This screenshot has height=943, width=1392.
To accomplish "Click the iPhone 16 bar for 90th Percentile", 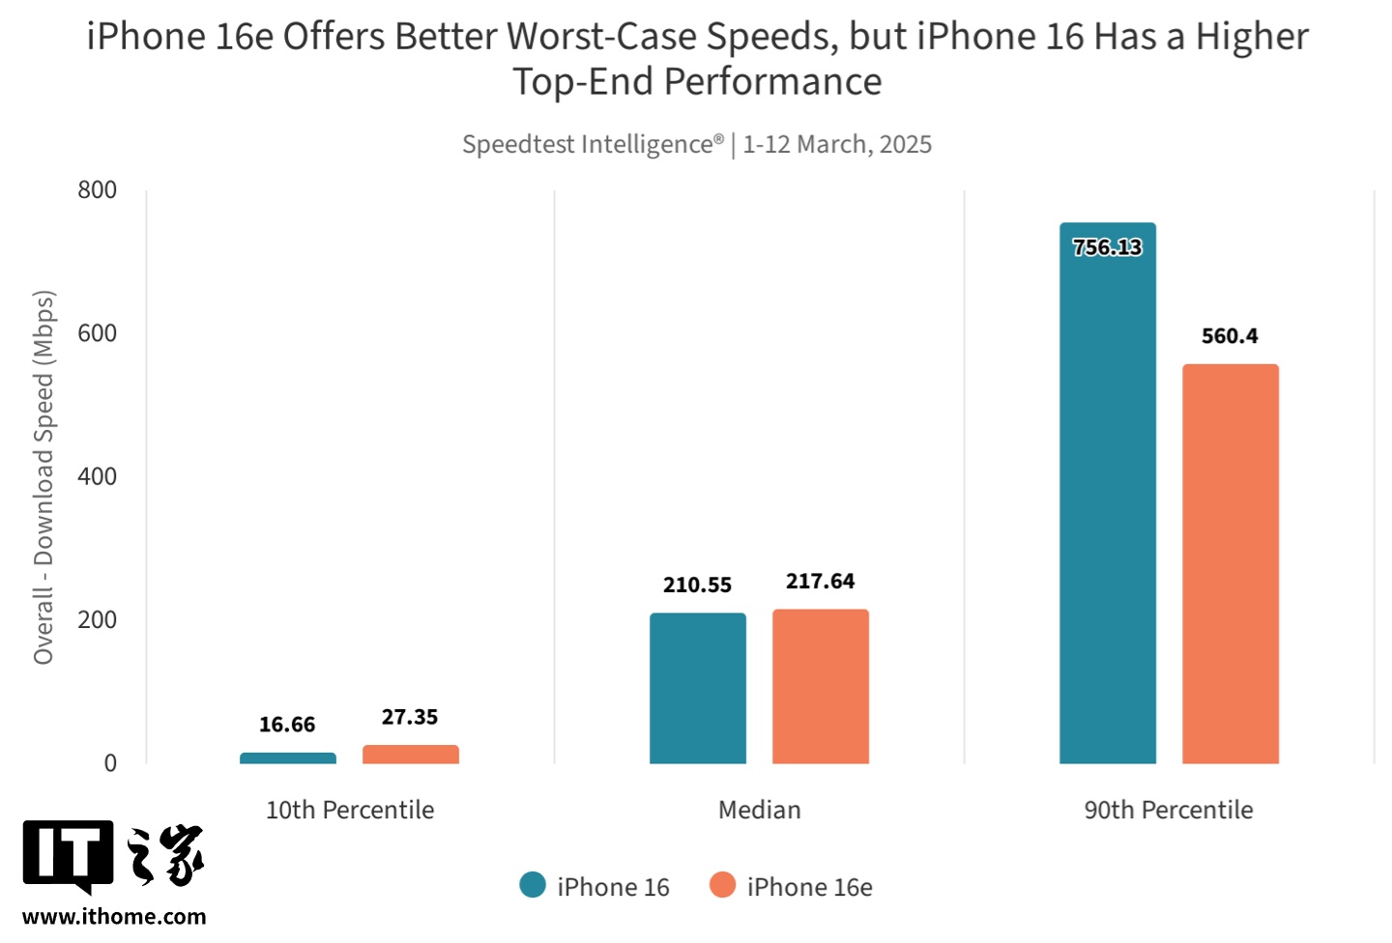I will (x=1107, y=502).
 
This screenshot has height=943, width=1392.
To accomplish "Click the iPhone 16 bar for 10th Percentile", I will (x=287, y=758).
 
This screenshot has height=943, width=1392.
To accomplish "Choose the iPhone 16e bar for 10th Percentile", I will (x=410, y=755).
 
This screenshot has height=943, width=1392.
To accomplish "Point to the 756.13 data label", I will (x=1107, y=247).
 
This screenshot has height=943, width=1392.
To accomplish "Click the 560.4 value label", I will (x=1230, y=336).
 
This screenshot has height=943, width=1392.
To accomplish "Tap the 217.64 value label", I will (x=820, y=582).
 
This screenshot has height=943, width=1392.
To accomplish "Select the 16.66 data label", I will (x=287, y=725).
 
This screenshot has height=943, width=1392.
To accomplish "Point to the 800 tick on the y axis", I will (x=98, y=190).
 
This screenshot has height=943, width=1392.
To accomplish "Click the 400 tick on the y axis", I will (x=98, y=476).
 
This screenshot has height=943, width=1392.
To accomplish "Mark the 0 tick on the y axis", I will (x=110, y=763).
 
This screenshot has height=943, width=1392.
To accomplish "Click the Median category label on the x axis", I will (x=759, y=810).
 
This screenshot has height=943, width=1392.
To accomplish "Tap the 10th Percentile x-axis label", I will (x=350, y=810).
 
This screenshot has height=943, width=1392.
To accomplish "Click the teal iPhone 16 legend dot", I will (x=533, y=885).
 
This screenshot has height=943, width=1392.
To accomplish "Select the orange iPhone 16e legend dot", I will (x=722, y=885).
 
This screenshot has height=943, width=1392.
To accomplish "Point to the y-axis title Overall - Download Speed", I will (x=43, y=477).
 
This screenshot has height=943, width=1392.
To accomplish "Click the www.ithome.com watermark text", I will (x=114, y=917).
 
